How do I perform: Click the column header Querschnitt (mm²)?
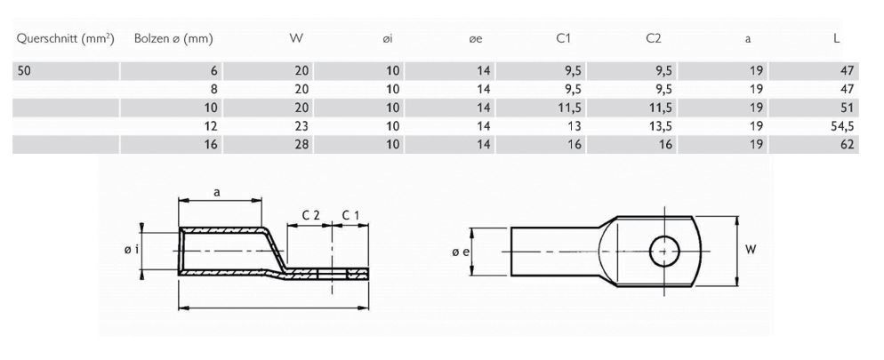tap(65, 39)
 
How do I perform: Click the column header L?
tap(839, 39)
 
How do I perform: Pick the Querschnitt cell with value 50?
tap(25, 71)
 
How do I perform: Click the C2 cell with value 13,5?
tap(659, 126)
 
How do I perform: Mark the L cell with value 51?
tap(846, 108)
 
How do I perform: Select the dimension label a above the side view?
tap(218, 191)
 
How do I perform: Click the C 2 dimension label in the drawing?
tap(310, 215)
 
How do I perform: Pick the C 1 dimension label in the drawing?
tap(350, 215)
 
